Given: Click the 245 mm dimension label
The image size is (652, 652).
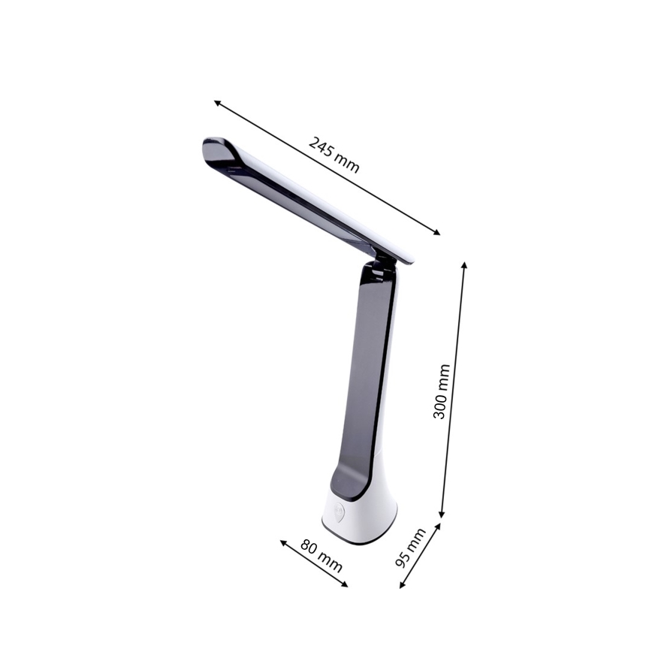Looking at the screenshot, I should (334, 155).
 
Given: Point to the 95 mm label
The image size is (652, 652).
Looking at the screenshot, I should (410, 547).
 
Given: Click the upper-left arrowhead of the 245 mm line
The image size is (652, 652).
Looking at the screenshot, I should (216, 101).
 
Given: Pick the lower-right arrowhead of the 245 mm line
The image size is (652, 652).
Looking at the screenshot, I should (438, 234).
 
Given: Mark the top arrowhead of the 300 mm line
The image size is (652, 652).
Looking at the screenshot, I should (465, 265).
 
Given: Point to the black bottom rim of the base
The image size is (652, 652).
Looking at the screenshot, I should (361, 539).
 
